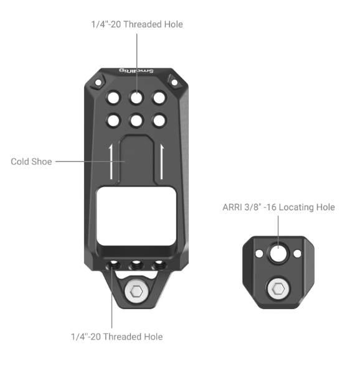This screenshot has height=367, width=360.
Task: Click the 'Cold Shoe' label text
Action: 31,162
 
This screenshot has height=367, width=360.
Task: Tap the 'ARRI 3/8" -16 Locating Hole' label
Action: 278,207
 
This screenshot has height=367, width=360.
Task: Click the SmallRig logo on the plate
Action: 136,70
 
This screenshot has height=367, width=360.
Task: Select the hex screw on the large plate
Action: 136,291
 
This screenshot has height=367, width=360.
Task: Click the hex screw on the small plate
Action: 278,289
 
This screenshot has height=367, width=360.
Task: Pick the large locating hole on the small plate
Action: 278,253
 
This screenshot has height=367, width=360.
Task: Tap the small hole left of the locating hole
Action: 259,254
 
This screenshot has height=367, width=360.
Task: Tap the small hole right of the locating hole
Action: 297,254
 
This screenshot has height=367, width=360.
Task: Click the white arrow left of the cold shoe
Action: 111,162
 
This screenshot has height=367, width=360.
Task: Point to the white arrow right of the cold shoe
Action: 162,162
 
